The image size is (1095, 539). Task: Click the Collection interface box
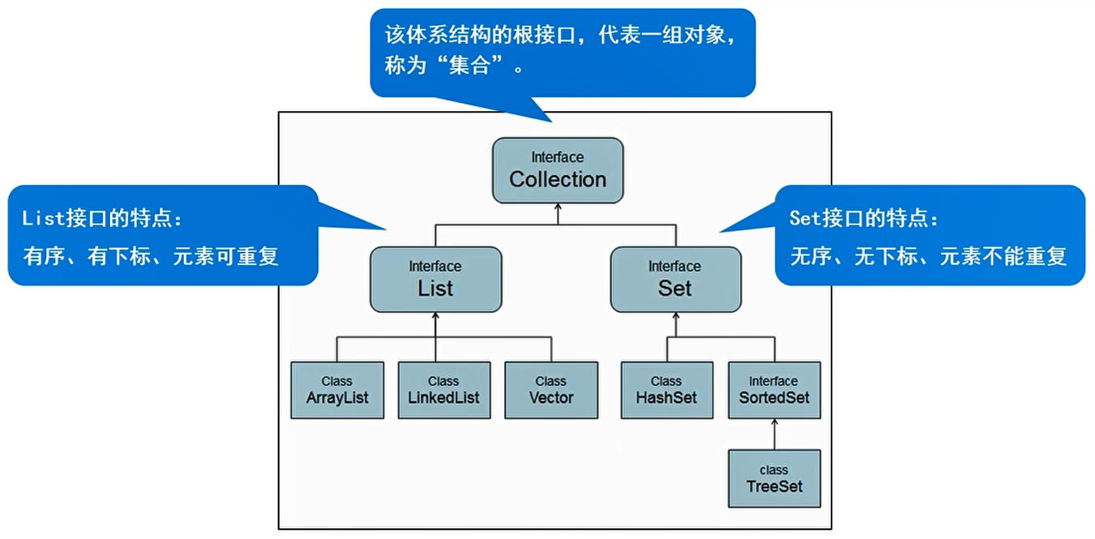(x=558, y=170)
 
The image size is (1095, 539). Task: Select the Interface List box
(x=435, y=280)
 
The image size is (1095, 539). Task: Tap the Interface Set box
(x=675, y=280)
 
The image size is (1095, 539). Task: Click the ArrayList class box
(x=337, y=390)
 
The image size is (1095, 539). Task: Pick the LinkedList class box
(x=443, y=390)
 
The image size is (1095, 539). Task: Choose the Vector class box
(x=550, y=390)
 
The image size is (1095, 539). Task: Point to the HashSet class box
(x=666, y=390)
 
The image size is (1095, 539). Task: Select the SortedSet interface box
(x=774, y=390)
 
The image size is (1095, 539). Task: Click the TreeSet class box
(x=774, y=478)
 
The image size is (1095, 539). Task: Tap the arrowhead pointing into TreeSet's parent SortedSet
(x=774, y=423)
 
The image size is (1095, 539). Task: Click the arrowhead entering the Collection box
(x=558, y=207)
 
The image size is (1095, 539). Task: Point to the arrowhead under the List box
(x=435, y=317)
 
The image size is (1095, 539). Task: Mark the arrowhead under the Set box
(x=675, y=317)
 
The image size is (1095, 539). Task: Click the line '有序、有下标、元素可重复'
(x=151, y=257)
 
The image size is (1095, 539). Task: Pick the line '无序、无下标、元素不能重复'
(x=928, y=257)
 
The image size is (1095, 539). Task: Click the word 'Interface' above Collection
(x=558, y=157)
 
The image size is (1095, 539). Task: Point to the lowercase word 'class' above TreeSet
(x=774, y=469)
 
